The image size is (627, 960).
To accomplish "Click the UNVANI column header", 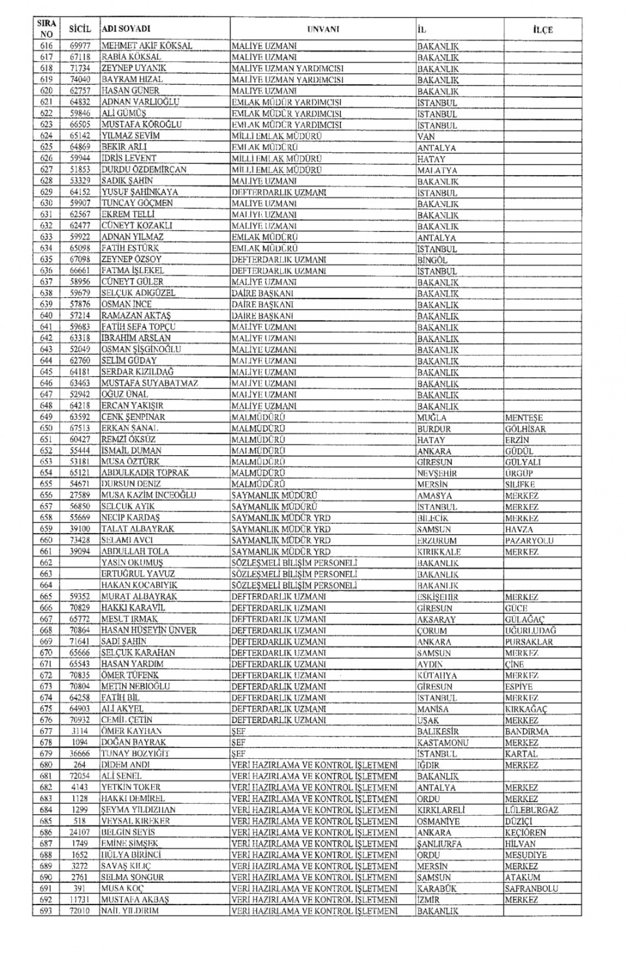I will click(x=323, y=29).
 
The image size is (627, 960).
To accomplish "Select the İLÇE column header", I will click(x=542, y=29).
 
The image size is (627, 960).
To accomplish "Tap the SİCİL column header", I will click(x=80, y=29).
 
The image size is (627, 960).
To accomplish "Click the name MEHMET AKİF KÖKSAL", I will click(x=147, y=46).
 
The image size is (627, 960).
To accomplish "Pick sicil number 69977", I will click(x=80, y=46).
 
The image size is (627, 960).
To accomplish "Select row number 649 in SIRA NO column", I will click(x=46, y=417).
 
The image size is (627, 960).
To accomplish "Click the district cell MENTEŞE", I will click(x=524, y=418).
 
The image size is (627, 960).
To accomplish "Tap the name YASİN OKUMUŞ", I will click(x=132, y=563).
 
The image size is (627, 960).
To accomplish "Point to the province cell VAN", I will click(x=426, y=136).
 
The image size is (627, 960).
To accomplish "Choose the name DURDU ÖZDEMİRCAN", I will click(x=144, y=170).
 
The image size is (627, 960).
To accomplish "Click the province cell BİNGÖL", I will click(x=432, y=260).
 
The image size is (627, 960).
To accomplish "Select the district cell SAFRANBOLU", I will click(x=531, y=889).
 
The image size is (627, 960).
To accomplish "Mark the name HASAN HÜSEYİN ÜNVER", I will click(x=149, y=631).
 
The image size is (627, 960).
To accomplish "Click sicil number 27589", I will click(x=80, y=496).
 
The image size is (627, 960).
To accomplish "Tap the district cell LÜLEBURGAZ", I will click(x=531, y=810).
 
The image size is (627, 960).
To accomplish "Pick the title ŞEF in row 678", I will click(x=238, y=743).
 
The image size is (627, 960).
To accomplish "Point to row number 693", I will click(x=46, y=911).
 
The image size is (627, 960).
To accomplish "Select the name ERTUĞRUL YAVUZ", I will click(x=138, y=574).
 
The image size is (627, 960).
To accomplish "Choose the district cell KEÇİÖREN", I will click(x=525, y=833).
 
